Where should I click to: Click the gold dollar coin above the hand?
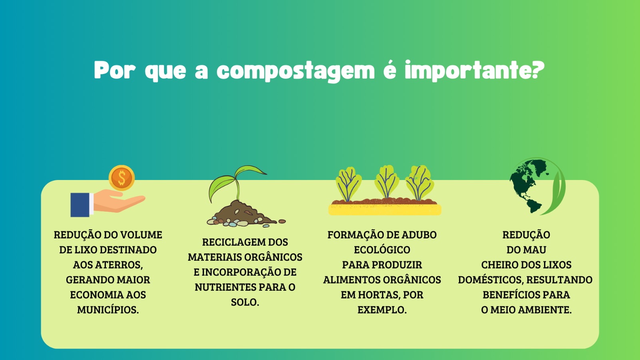pos(122,178)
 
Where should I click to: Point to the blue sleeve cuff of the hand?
pos(80,204)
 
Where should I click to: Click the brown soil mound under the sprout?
pos(243,214)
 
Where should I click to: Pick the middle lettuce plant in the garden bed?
pos(386,182)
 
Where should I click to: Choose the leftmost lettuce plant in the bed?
pos(348,184)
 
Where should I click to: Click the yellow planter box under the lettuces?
pos(385,210)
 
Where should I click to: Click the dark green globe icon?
pos(528,186)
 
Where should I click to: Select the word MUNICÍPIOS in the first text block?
pos(108,310)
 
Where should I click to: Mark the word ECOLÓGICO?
pos(382,250)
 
